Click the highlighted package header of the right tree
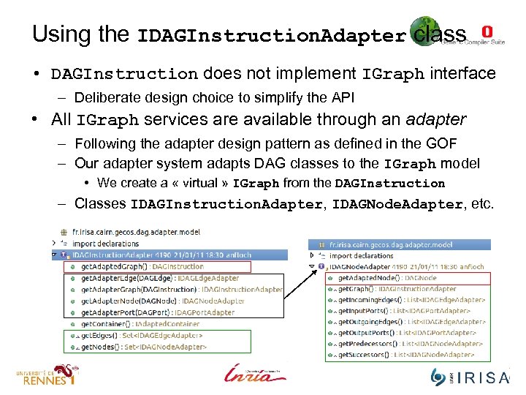[391, 245]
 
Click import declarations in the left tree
[106, 244]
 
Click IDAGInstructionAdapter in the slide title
[271, 36]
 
